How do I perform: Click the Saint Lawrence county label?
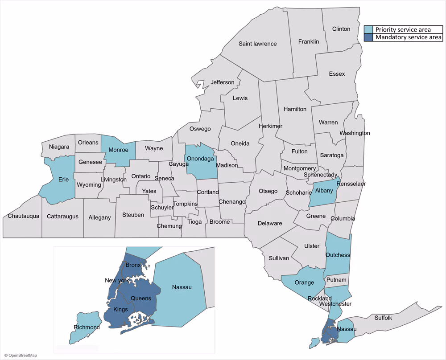click(x=257, y=44)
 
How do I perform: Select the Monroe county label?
click(x=118, y=150)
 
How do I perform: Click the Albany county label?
click(x=324, y=191)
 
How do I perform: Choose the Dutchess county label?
click(x=338, y=255)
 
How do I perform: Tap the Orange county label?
click(x=305, y=282)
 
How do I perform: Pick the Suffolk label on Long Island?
click(x=383, y=318)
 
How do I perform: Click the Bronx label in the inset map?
click(x=133, y=266)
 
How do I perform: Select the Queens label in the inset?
click(x=140, y=299)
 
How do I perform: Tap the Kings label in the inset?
click(x=120, y=310)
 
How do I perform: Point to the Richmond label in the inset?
click(x=87, y=327)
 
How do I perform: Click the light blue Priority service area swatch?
click(x=369, y=30)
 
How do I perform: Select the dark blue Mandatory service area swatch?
click(x=369, y=37)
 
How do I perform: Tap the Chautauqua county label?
click(x=24, y=217)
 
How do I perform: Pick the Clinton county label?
click(x=341, y=29)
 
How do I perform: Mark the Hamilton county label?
click(x=295, y=109)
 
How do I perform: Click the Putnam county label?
click(x=336, y=280)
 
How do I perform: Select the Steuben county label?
click(x=133, y=215)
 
